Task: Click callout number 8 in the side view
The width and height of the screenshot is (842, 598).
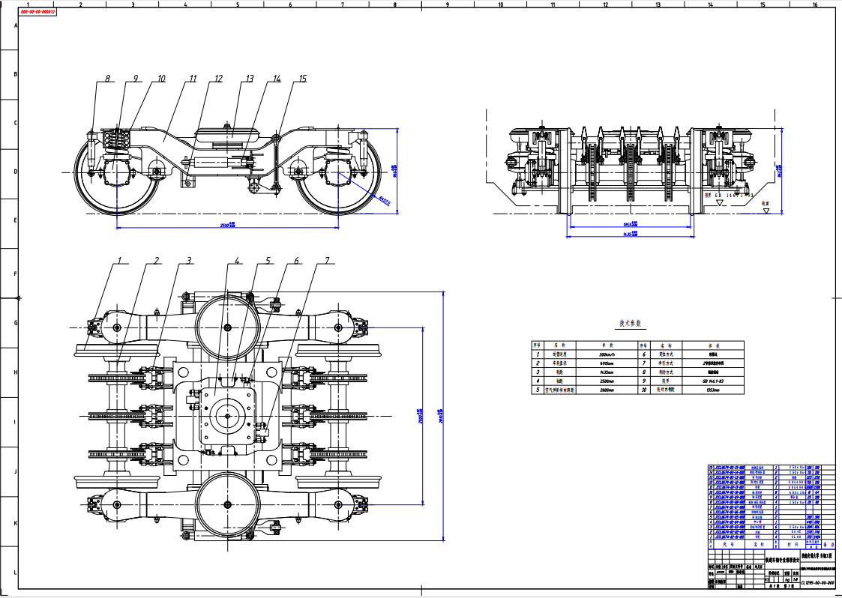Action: [107, 78]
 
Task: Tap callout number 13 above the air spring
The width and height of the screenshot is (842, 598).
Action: [249, 78]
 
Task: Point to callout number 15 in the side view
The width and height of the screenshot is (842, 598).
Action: [303, 78]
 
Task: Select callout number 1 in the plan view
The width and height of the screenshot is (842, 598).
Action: [118, 261]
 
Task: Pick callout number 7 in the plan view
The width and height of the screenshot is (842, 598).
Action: [327, 261]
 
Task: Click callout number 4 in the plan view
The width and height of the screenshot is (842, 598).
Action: [237, 261]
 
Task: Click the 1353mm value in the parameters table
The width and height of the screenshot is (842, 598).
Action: [712, 390]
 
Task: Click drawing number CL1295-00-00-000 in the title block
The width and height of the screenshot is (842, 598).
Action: [817, 581]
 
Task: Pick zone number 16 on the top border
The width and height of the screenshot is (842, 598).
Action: [815, 4]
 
